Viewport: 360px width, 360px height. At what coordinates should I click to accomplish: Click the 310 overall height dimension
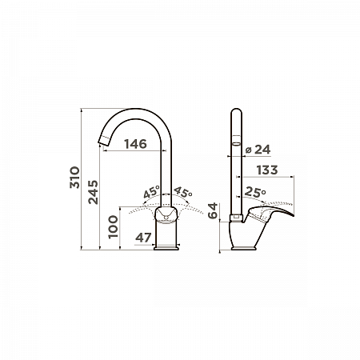(x=74, y=178)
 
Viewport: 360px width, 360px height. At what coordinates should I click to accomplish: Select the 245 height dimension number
(x=93, y=192)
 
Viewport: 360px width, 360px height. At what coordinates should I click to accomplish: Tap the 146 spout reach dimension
(x=135, y=144)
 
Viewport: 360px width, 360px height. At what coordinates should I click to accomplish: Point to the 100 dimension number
(x=113, y=226)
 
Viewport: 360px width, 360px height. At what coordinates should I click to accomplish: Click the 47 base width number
(x=143, y=238)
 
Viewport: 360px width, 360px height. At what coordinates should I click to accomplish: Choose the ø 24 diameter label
(x=258, y=150)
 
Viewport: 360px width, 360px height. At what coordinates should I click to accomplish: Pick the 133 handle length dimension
(x=267, y=170)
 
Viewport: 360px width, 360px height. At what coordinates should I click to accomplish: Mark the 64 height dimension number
(x=213, y=210)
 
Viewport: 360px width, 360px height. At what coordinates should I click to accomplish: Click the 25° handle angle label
(x=255, y=192)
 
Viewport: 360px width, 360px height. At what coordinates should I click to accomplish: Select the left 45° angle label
(x=151, y=192)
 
